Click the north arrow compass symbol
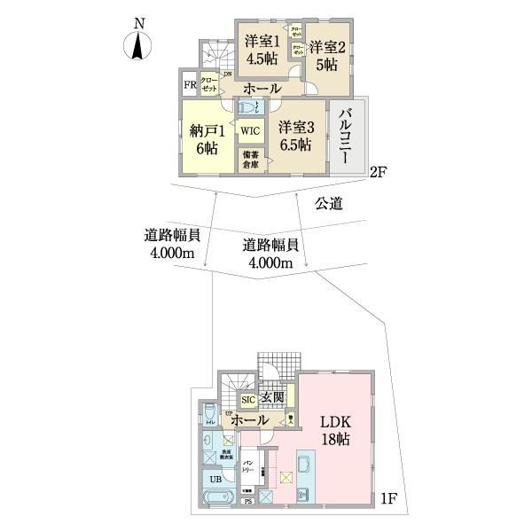(x=137, y=45)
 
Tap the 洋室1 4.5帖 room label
(x=262, y=47)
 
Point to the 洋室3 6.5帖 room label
(x=293, y=135)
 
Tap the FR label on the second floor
(x=189, y=86)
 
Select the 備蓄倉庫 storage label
(x=249, y=160)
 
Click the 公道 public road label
(x=328, y=204)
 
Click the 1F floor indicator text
(x=388, y=498)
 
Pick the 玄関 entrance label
(x=272, y=398)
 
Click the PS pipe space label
(x=247, y=501)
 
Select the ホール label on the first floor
(x=250, y=419)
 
